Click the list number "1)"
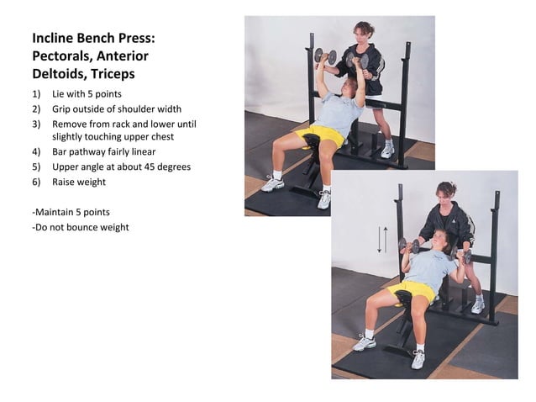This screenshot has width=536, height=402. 37,95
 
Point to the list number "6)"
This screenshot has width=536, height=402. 37,182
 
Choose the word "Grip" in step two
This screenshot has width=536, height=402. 62,109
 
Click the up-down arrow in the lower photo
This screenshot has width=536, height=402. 381,239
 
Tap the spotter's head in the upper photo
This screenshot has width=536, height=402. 363,33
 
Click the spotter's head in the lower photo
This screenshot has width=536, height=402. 446,193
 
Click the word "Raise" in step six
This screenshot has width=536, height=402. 64,182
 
